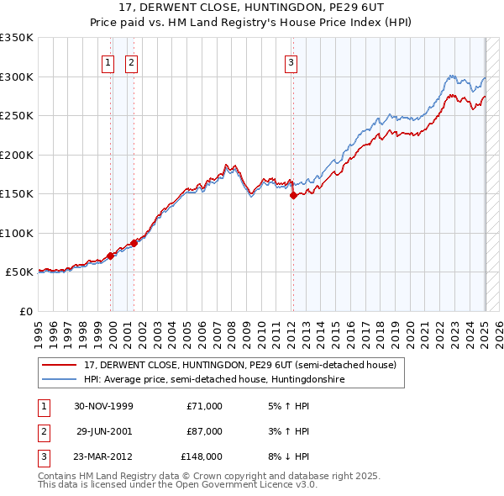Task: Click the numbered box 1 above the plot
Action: [x=109, y=61]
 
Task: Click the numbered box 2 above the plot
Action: [x=132, y=61]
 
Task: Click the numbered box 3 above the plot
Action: [x=291, y=61]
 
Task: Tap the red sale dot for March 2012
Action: [x=293, y=195]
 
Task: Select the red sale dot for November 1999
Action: [x=110, y=256]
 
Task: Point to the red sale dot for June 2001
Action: [x=134, y=243]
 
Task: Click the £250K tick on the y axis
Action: [x=17, y=116]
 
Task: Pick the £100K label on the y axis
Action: [x=17, y=233]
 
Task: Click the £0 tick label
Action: [x=25, y=311]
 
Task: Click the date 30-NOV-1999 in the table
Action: [x=103, y=406]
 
